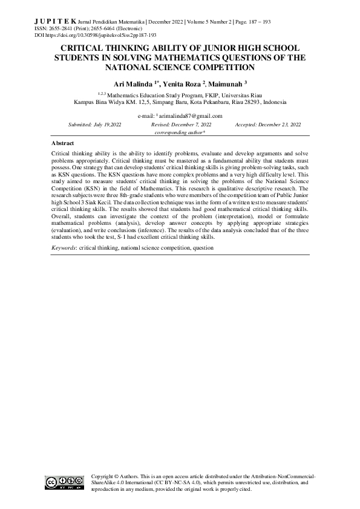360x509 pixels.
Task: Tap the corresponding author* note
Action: [180, 132]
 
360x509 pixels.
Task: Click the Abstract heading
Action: [63, 143]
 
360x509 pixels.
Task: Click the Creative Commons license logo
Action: [64, 482]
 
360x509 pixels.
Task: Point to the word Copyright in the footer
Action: [102, 476]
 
